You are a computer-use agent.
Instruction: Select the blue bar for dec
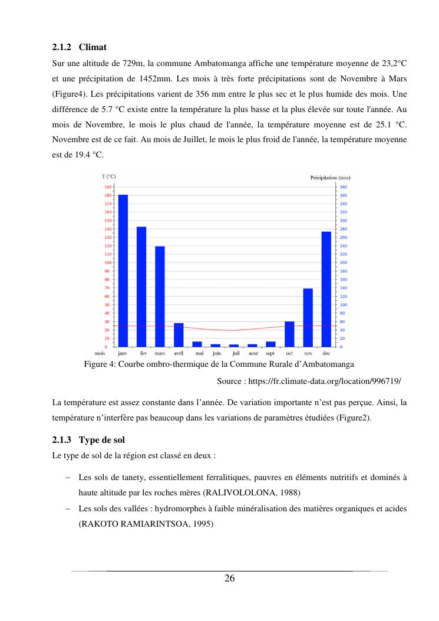(326, 289)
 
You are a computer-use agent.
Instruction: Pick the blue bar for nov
(308, 317)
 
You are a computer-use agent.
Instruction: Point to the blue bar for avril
(179, 334)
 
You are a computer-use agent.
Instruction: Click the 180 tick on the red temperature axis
(108, 195)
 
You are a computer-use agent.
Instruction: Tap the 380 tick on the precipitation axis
(344, 187)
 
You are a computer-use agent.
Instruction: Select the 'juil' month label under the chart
(235, 353)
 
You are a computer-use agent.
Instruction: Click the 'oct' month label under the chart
(289, 353)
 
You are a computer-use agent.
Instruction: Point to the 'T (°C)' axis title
(109, 177)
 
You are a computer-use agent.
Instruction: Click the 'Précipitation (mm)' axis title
(331, 177)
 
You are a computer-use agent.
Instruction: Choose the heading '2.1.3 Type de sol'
(88, 440)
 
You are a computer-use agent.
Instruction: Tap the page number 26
(229, 579)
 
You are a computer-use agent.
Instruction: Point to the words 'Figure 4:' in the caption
(100, 364)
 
